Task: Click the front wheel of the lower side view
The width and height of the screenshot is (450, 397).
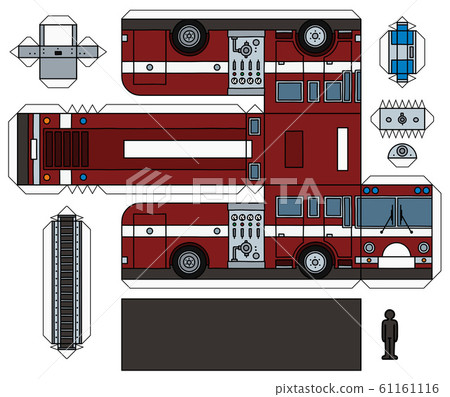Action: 314,262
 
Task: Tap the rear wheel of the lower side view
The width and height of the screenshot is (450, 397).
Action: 188,262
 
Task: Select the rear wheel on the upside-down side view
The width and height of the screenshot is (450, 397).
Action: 188,36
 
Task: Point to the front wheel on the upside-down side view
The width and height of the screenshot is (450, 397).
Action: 314,36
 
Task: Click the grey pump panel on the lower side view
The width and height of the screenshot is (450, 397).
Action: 246,236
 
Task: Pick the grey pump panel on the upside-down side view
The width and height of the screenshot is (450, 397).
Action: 246,63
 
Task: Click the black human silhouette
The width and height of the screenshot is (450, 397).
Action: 390,333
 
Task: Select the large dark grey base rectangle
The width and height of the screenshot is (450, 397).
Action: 240,334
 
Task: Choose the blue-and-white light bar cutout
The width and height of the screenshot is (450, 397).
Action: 402,49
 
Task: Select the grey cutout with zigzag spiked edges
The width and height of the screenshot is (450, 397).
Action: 402,118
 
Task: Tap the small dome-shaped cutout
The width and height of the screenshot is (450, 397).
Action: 402,153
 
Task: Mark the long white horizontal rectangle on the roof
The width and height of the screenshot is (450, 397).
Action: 186,149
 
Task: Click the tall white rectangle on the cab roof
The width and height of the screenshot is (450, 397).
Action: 342,148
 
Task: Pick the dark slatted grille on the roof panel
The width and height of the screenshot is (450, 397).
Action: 67,149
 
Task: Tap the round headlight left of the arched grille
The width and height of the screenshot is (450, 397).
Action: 368,247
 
